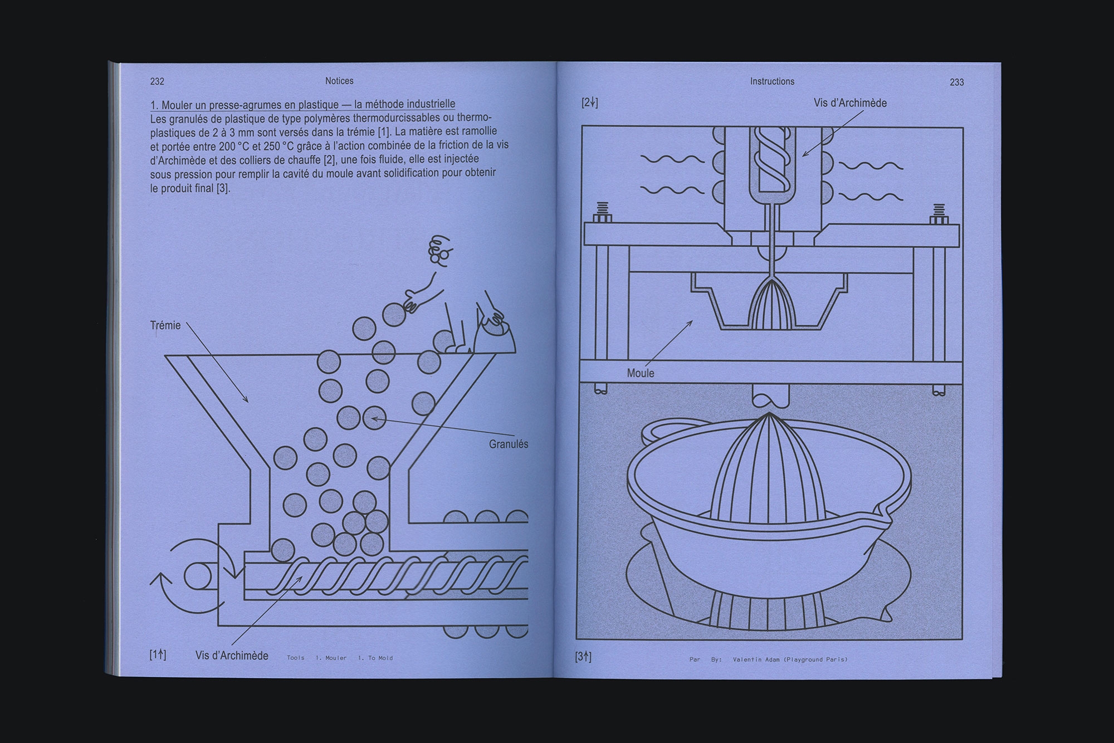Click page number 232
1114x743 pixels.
[157, 81]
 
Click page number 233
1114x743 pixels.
[956, 82]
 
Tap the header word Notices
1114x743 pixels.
[339, 81]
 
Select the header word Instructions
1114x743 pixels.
[772, 81]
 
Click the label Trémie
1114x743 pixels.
[165, 325]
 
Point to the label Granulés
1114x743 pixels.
[509, 444]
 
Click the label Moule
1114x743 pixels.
[641, 373]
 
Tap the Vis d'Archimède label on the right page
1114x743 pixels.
[850, 103]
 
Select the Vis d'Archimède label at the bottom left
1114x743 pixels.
[232, 656]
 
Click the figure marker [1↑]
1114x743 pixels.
[158, 655]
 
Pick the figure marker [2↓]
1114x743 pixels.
[589, 102]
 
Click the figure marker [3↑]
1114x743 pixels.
[583, 657]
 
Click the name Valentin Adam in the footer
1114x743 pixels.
[756, 659]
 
